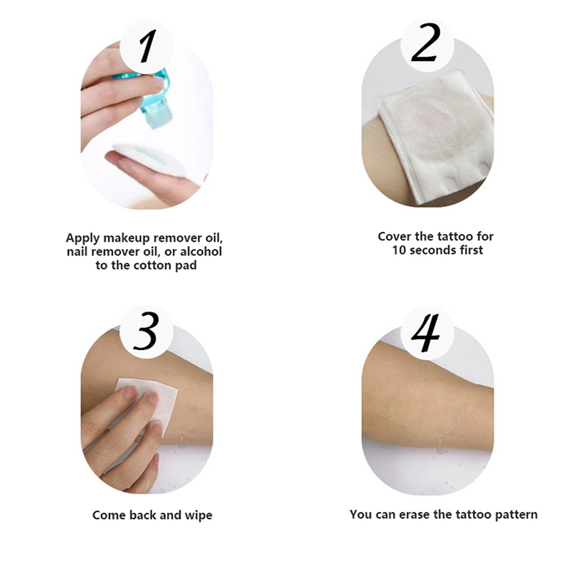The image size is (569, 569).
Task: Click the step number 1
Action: point(148,46)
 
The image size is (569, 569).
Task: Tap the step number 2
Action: point(426,42)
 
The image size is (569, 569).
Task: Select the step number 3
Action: point(146,331)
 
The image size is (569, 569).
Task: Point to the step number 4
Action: point(425,333)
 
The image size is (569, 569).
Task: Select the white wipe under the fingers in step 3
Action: point(152,403)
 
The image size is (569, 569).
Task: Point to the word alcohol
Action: point(201,252)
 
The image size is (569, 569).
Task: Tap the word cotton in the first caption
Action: point(154,265)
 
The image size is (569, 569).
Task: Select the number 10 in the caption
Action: point(399,250)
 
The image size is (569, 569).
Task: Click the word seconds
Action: point(432,250)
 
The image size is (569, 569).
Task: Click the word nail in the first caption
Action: point(77,252)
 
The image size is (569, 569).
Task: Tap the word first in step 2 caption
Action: point(471,250)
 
